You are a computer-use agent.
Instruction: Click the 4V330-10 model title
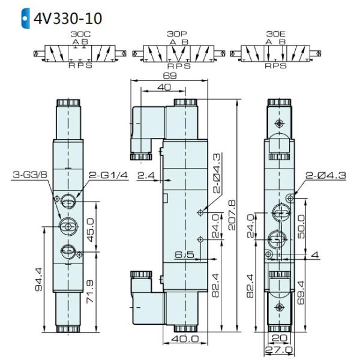(68, 19)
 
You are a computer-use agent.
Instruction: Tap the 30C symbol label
(80, 34)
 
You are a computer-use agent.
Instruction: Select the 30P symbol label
(177, 34)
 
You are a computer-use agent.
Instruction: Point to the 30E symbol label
(276, 34)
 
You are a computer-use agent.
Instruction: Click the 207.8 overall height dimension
(232, 215)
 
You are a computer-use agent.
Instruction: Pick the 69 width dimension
(170, 76)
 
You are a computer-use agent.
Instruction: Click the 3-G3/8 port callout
(30, 175)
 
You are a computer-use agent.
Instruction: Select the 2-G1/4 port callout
(108, 175)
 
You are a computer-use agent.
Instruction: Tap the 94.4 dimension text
(39, 280)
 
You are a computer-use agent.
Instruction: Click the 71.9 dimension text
(90, 292)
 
